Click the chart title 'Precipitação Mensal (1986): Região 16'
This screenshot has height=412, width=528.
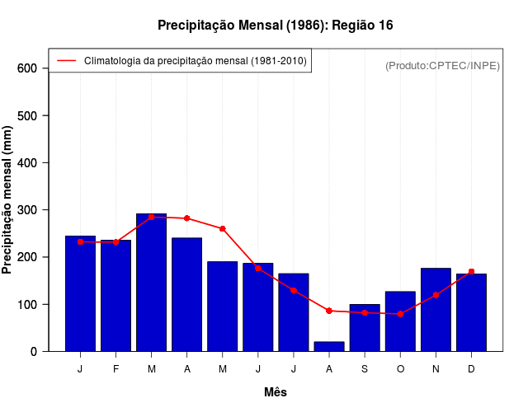pyautogui.click(x=276, y=26)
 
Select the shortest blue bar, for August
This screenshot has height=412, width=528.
pyautogui.click(x=329, y=346)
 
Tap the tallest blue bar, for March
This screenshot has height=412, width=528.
pyautogui.click(x=152, y=283)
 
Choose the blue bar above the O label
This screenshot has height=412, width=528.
pyautogui.click(x=400, y=321)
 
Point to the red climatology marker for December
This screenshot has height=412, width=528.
pyautogui.click(x=471, y=272)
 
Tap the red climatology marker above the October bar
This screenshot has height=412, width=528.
pyautogui.click(x=400, y=314)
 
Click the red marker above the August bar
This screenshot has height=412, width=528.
pyautogui.click(x=329, y=311)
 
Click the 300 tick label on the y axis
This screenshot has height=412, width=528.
pyautogui.click(x=27, y=210)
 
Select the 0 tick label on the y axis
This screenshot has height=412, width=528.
pyautogui.click(x=34, y=352)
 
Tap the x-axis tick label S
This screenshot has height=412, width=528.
pyautogui.click(x=365, y=369)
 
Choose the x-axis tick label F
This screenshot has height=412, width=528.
pyautogui.click(x=116, y=369)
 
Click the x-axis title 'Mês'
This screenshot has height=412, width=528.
pyautogui.click(x=276, y=392)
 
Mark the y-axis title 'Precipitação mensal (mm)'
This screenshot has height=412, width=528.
pyautogui.click(x=8, y=199)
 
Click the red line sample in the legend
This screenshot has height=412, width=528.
pyautogui.click(x=67, y=61)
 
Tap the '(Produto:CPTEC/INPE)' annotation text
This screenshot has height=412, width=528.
pyautogui.click(x=443, y=65)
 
